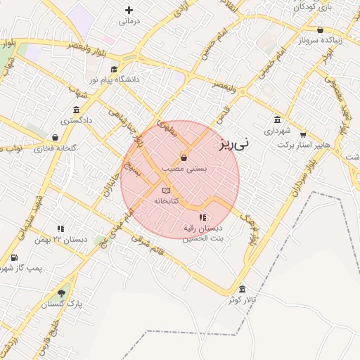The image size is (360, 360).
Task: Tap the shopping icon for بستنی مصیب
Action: pos(184,157)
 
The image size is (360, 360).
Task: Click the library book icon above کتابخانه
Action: pos(166,191)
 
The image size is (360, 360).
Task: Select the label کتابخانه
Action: pos(167,201)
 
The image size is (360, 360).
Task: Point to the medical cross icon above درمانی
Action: pos(129,10)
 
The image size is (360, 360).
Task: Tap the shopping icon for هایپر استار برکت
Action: pos(303,134)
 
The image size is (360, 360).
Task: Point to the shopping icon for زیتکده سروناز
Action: pos(321,30)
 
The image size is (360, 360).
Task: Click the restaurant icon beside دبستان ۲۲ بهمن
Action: pos(60,229)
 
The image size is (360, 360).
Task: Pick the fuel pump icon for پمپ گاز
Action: pos(14,257)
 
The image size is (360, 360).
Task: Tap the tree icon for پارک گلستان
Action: pos(62,293)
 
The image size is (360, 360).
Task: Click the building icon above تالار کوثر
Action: pos(243,289)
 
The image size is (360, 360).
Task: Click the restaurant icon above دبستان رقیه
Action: pos(202,217)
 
